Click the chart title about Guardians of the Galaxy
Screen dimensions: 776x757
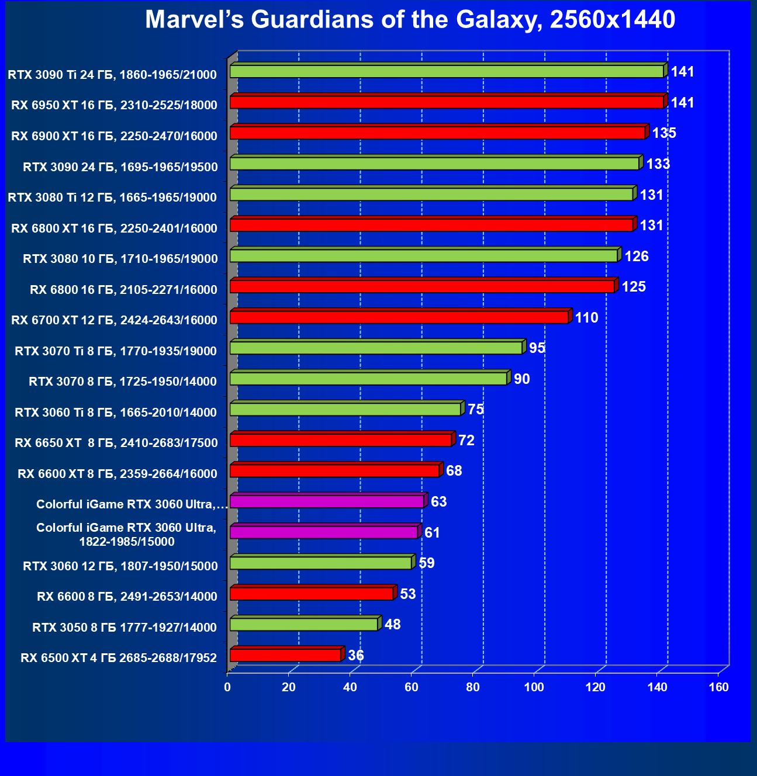(410, 20)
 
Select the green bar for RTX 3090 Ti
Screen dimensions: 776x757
(447, 72)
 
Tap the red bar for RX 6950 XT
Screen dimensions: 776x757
(447, 103)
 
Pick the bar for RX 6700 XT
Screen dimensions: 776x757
(399, 318)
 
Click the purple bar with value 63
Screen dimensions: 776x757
(327, 502)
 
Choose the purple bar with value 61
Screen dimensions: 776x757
(324, 532)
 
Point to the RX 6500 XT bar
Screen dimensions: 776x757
(285, 656)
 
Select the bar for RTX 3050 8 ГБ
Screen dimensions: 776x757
(304, 625)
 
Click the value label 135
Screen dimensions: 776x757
(664, 133)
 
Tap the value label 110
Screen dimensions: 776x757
(587, 318)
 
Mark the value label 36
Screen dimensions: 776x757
(356, 656)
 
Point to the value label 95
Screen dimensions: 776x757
(537, 348)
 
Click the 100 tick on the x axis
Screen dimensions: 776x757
(534, 687)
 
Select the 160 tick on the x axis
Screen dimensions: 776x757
(718, 687)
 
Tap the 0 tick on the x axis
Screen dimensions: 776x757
(227, 687)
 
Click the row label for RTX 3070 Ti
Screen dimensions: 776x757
(116, 351)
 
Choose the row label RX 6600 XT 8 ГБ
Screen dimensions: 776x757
(117, 474)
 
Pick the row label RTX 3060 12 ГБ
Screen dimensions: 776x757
(120, 566)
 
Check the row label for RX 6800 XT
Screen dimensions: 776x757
(115, 228)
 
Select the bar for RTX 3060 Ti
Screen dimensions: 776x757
(345, 410)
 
